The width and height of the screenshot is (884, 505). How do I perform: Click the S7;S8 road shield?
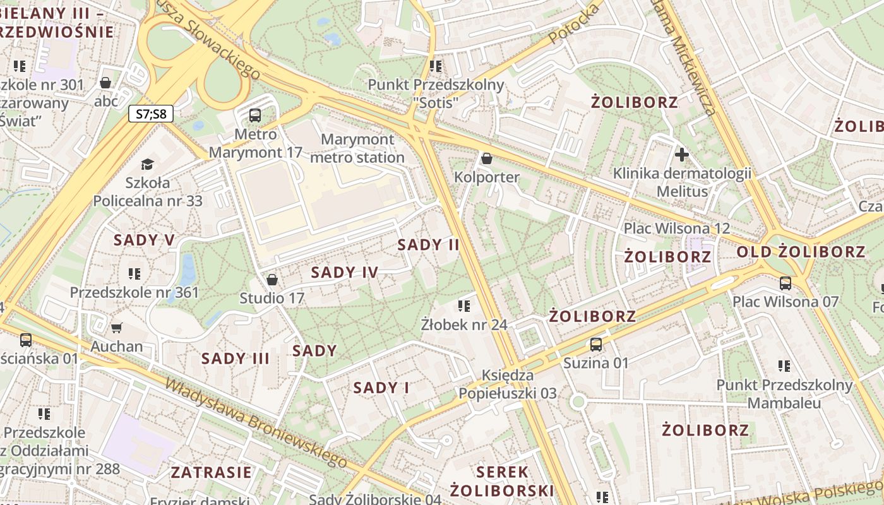pyautogui.click(x=151, y=114)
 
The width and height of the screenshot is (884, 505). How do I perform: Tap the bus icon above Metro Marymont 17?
pyautogui.click(x=255, y=116)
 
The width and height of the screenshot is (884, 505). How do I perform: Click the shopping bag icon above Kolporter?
pyautogui.click(x=486, y=158)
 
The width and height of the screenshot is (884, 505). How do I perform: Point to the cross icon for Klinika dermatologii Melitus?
pyautogui.click(x=681, y=154)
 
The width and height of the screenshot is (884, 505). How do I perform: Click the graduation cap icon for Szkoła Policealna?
pyautogui.click(x=147, y=165)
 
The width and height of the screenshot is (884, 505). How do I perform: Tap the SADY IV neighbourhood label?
pyautogui.click(x=345, y=273)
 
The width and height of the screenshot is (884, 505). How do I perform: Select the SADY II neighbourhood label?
pyautogui.click(x=429, y=245)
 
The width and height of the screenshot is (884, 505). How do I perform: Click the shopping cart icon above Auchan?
pyautogui.click(x=116, y=328)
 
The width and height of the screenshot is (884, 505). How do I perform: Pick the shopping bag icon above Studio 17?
pyautogui.click(x=272, y=279)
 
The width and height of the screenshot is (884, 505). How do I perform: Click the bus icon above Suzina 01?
pyautogui.click(x=595, y=345)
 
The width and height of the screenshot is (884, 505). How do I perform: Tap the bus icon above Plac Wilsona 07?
pyautogui.click(x=785, y=283)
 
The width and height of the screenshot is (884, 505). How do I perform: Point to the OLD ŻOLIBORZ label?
pyautogui.click(x=801, y=252)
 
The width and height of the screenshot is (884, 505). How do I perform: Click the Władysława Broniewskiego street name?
pyautogui.click(x=256, y=423)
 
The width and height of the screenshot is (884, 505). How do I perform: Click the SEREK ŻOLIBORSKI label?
pyautogui.click(x=502, y=481)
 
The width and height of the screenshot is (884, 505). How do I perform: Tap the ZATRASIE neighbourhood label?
pyautogui.click(x=211, y=472)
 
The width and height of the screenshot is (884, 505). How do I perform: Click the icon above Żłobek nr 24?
pyautogui.click(x=464, y=306)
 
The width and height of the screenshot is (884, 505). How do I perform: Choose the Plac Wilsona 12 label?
pyautogui.click(x=676, y=229)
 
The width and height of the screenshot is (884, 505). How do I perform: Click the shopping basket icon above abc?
pyautogui.click(x=105, y=83)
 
